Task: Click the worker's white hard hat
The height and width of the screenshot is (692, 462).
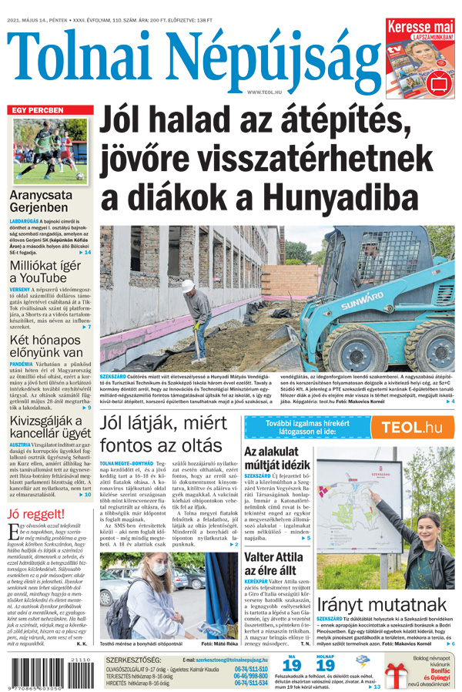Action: [x=187, y=285]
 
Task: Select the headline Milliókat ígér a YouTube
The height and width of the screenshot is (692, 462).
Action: [x=48, y=271]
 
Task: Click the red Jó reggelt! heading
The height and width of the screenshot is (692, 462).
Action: [x=35, y=515]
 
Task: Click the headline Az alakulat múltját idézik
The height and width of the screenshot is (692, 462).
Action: [x=276, y=459]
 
